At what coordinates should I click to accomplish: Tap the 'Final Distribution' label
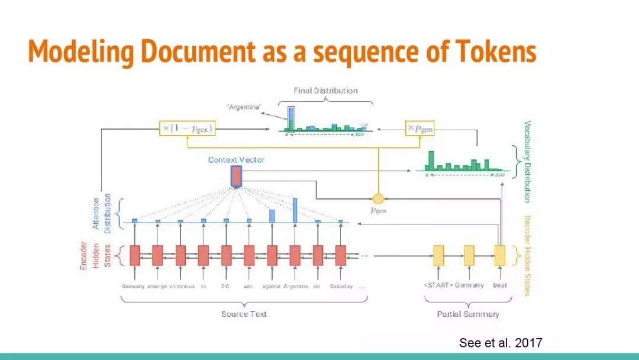[325, 91]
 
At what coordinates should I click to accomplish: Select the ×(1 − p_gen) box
[186, 128]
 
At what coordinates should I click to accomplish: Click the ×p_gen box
[419, 128]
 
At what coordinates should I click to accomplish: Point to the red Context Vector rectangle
[236, 176]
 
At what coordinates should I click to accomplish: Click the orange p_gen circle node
[378, 198]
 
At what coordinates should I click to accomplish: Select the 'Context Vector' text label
[236, 160]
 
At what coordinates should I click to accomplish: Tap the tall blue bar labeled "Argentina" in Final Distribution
[291, 117]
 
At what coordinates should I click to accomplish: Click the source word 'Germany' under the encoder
[133, 286]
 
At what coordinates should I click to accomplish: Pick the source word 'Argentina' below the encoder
[296, 286]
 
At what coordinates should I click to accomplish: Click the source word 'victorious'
[182, 286]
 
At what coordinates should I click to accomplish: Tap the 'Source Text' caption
[244, 314]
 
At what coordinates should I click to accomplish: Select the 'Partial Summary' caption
[468, 314]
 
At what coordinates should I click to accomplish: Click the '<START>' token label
[438, 285]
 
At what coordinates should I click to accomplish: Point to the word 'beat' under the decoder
[500, 285]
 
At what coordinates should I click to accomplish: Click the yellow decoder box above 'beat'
[500, 255]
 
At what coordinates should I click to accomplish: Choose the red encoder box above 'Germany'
[134, 255]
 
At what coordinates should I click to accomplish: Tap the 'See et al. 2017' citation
[501, 343]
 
